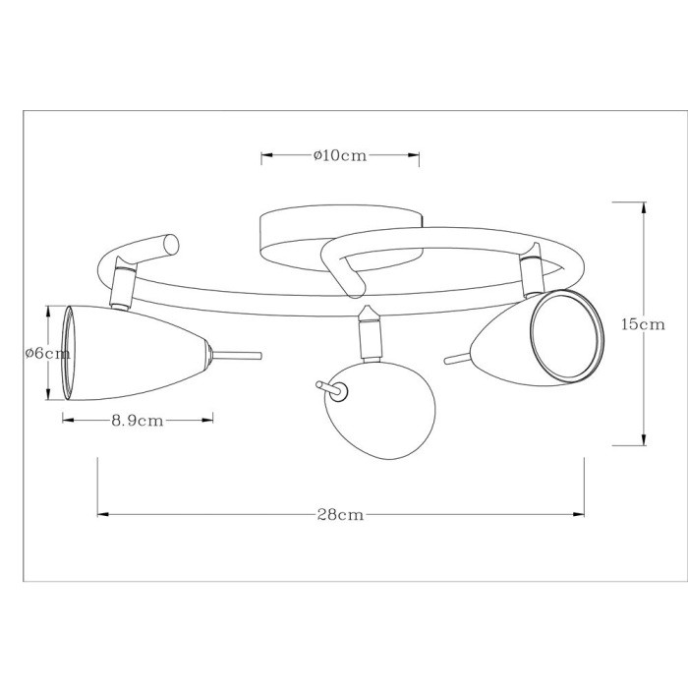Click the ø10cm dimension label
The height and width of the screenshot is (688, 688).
point(340,155)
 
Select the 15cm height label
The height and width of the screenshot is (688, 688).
point(643,324)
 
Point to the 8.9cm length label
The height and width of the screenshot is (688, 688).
point(137,420)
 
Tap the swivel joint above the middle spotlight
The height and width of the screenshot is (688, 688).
point(369,331)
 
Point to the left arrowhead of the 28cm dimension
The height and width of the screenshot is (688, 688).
point(99,513)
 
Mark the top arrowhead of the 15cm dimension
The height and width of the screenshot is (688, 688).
point(644,204)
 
